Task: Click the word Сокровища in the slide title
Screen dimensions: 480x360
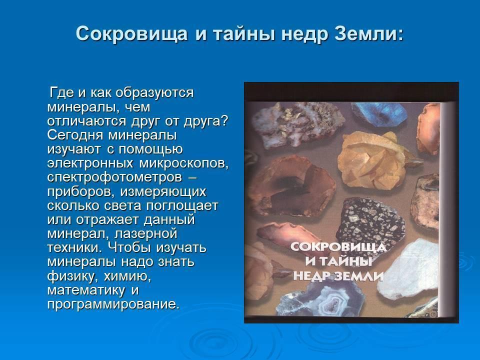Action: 131,34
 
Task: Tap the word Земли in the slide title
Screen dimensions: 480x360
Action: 369,33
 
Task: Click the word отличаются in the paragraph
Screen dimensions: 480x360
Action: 87,121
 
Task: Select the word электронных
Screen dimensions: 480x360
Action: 90,163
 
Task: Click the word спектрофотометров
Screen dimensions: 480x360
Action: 115,177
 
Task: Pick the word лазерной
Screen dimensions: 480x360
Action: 145,234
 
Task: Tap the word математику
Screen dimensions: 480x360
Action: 86,290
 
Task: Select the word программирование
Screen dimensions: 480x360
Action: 113,305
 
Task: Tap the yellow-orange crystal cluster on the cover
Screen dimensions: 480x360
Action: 375,160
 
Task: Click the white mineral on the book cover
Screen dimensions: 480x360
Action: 407,269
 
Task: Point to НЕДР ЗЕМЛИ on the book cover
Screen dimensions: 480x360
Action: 338,275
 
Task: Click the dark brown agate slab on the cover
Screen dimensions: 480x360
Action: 292,186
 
